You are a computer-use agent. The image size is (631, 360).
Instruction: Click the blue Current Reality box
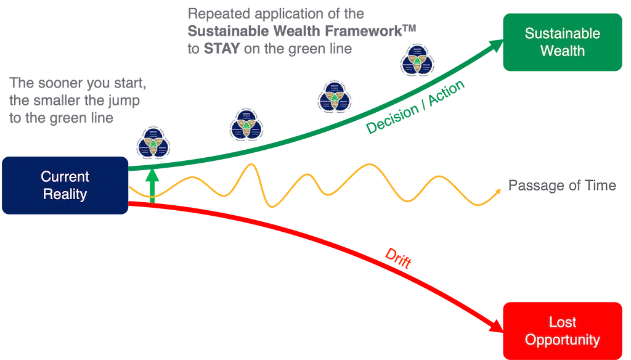[65, 185]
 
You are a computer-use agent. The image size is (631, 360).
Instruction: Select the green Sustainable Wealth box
[562, 41]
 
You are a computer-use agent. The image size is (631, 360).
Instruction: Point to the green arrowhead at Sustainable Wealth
[497, 44]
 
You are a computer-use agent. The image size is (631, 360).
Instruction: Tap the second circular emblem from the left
[245, 125]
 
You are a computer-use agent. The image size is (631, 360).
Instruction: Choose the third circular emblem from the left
[335, 97]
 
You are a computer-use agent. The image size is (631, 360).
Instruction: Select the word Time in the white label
[601, 186]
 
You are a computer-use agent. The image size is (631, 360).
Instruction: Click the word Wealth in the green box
[562, 51]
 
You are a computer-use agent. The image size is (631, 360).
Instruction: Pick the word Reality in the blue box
[65, 194]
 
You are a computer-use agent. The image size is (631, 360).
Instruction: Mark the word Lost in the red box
[562, 322]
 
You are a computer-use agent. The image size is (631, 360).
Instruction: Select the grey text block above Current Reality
[77, 100]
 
